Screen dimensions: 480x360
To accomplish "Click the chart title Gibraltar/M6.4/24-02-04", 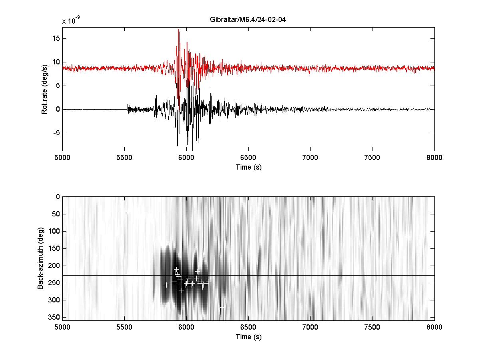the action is point(247,20).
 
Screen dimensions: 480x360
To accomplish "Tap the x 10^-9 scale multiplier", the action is point(71,20).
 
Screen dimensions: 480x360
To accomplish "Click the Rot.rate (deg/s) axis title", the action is point(44,89).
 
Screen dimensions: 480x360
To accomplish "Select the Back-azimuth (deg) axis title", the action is point(40,258).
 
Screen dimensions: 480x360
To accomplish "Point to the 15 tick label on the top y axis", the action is point(56,38).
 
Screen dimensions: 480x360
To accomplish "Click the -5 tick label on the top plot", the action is point(56,133).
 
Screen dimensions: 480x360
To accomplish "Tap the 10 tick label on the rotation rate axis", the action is point(56,62).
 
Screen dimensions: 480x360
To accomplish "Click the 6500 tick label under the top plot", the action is point(248,158).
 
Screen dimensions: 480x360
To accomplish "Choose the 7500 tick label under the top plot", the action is point(372,158).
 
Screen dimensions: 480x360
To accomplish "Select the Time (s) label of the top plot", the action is point(249,167).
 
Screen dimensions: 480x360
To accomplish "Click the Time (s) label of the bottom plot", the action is point(249,337).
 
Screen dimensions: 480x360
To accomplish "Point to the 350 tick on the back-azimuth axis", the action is point(54,317).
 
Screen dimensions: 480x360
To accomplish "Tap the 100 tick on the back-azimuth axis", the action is point(54,231).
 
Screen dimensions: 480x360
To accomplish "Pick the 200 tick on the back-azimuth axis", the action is point(54,266).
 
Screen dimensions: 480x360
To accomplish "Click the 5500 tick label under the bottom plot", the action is point(124,327).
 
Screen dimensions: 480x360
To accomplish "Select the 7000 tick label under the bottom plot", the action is point(310,327).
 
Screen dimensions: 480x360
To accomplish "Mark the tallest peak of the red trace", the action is point(178,28).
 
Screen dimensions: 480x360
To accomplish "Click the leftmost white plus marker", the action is point(166,285).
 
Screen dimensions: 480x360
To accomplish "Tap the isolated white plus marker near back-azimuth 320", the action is point(222,308).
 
